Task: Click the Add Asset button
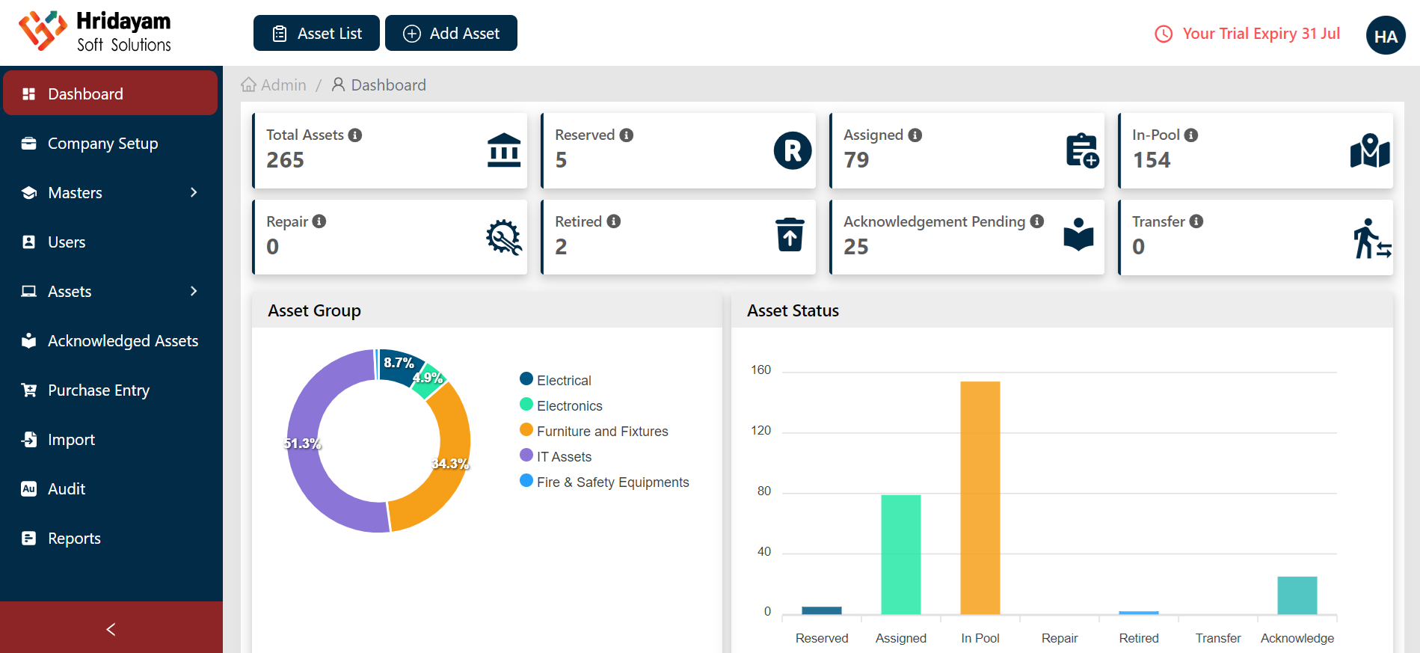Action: (451, 34)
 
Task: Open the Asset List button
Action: (316, 34)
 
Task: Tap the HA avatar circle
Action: (1385, 36)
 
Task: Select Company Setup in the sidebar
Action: (102, 144)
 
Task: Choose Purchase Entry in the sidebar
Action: (98, 390)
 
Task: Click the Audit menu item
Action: (67, 489)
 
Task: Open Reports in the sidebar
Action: (74, 539)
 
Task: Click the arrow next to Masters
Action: (194, 193)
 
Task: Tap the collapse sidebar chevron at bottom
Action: (111, 629)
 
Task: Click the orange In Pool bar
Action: (980, 497)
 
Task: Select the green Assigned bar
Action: (900, 554)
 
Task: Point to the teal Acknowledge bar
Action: (1297, 595)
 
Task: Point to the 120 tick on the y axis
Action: (760, 431)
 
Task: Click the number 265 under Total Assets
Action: (285, 160)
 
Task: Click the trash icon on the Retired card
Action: (790, 235)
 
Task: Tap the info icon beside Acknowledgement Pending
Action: (1036, 221)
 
